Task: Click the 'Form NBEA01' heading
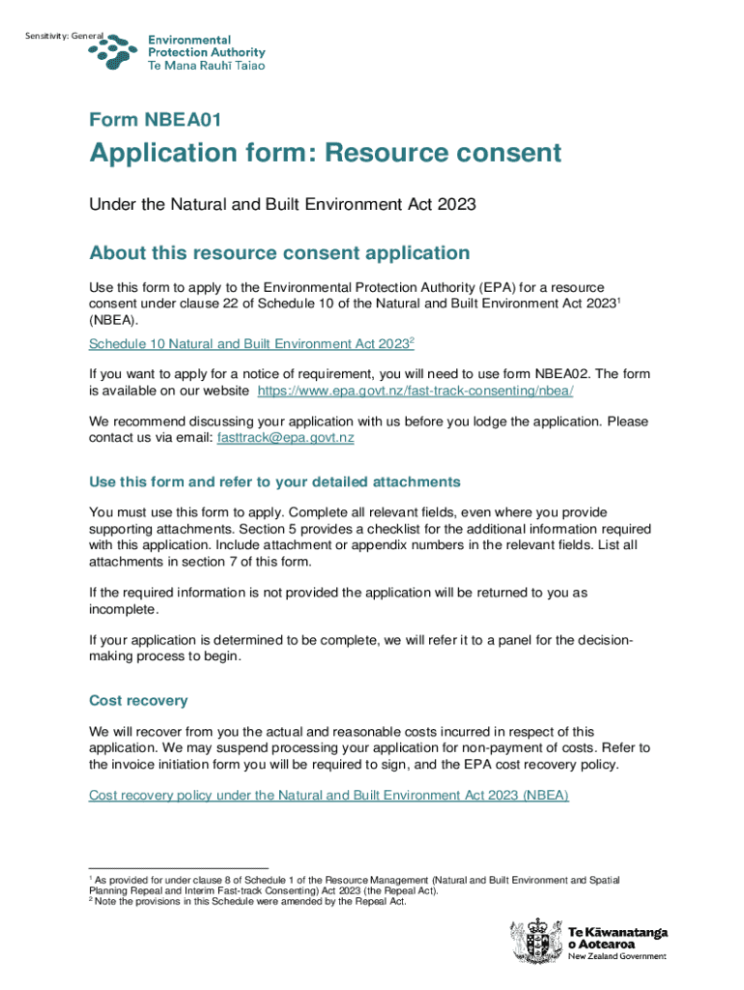[156, 120]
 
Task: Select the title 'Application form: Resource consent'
[325, 154]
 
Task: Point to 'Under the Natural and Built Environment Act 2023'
[283, 204]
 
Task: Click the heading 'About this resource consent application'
[279, 253]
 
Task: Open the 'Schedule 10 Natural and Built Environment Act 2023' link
[250, 344]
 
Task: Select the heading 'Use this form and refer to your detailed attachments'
[274, 481]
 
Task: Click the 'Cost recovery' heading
[138, 700]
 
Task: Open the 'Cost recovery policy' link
[329, 795]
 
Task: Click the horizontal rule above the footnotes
[178, 867]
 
